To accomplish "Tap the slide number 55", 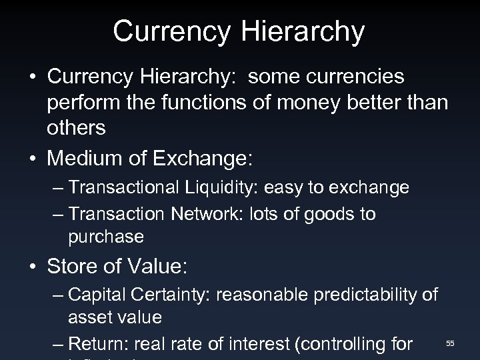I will (x=450, y=343).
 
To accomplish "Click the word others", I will (x=76, y=128).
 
